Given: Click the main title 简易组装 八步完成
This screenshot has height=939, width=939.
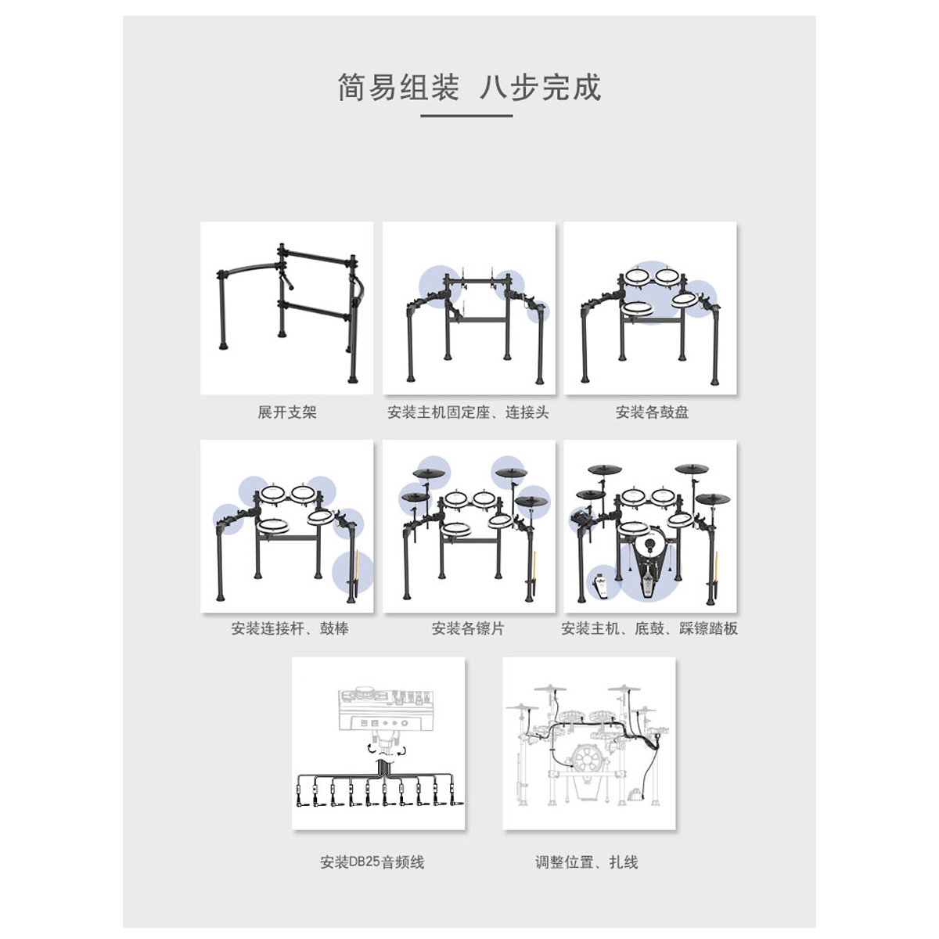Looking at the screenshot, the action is coord(469,88).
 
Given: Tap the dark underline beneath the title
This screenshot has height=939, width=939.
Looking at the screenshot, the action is coord(466,116).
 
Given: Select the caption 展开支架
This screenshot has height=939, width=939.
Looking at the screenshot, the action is coord(287,412).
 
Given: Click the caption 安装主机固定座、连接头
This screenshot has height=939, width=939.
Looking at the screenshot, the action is coord(468,412).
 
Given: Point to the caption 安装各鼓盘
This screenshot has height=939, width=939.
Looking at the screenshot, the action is coord(652,412).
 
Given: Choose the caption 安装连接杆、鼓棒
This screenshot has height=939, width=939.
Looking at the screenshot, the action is coord(290,628).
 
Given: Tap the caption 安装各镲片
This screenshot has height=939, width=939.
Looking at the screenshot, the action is coord(468,628).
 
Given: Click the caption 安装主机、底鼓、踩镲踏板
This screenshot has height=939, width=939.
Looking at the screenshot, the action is coord(649,628).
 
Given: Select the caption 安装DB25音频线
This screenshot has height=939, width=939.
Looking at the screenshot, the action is coord(372,862).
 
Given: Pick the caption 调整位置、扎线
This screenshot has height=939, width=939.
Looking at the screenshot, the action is coord(587,862).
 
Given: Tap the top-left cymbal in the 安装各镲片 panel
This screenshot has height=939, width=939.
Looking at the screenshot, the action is coord(430,473).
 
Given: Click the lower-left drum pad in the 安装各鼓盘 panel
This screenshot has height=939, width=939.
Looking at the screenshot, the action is coord(639,308).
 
